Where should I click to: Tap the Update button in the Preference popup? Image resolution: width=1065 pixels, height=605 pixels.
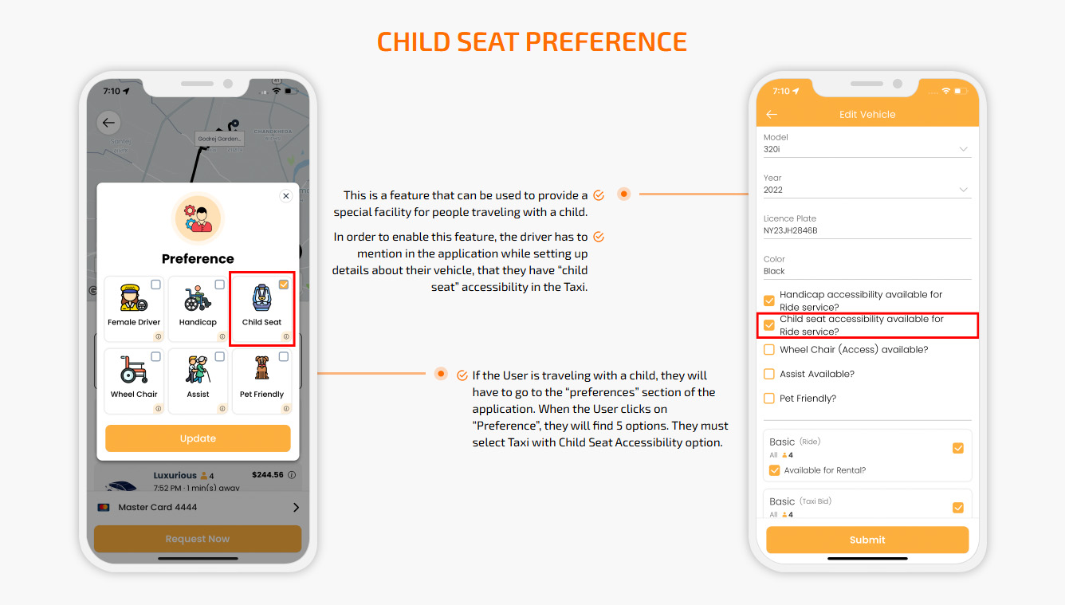click(x=198, y=438)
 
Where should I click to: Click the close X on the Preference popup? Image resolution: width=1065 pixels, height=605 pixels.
click(x=286, y=196)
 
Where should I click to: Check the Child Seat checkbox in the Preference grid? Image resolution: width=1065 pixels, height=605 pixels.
click(x=284, y=285)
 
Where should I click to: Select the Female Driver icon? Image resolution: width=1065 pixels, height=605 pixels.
click(x=134, y=299)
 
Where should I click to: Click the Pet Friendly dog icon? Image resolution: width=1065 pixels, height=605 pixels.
click(x=262, y=369)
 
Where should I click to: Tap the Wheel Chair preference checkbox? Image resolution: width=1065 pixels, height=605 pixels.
click(x=156, y=356)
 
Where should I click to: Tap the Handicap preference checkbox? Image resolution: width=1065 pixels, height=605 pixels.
click(x=220, y=285)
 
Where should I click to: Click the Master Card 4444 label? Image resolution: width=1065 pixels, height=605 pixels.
click(x=158, y=507)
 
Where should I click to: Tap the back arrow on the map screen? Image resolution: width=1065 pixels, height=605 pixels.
click(x=108, y=123)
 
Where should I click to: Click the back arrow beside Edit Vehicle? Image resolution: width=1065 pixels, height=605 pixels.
click(x=771, y=115)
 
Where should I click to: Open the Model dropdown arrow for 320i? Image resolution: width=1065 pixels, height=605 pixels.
click(x=963, y=149)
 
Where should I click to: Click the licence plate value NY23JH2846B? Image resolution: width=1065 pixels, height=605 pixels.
click(x=790, y=230)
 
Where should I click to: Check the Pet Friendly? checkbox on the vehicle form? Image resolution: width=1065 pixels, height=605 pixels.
click(x=769, y=399)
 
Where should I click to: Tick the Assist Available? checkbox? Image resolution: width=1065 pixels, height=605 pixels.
click(x=769, y=374)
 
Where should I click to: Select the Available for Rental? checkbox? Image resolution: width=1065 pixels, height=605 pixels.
click(x=774, y=470)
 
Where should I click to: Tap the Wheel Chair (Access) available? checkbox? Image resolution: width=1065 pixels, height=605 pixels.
click(x=769, y=350)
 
